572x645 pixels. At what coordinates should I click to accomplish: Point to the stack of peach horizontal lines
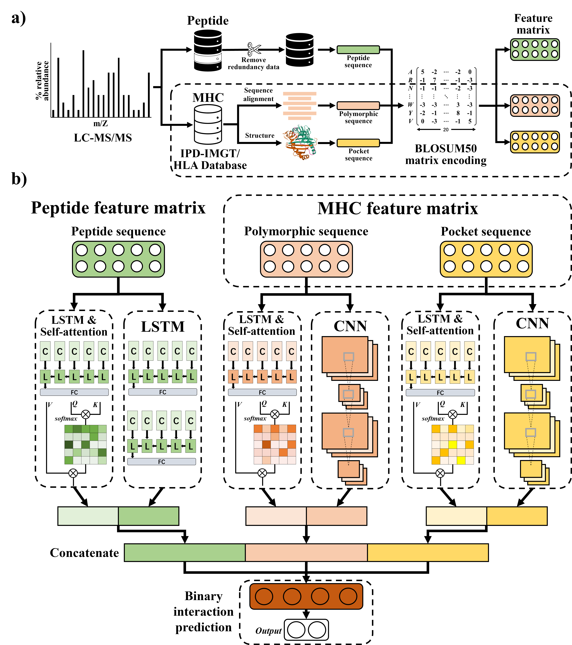(x=300, y=106)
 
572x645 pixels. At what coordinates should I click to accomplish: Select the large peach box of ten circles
(x=306, y=259)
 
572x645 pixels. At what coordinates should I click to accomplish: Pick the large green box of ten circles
(x=118, y=259)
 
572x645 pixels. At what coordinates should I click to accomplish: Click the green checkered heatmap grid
(x=86, y=444)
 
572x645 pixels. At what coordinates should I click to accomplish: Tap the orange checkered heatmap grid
(x=275, y=444)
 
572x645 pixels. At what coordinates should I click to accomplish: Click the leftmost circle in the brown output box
(x=264, y=596)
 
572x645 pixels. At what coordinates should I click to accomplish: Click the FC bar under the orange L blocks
(x=262, y=392)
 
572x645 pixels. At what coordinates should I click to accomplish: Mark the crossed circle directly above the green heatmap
(x=86, y=414)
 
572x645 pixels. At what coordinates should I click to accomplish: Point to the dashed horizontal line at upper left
(x=101, y=119)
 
